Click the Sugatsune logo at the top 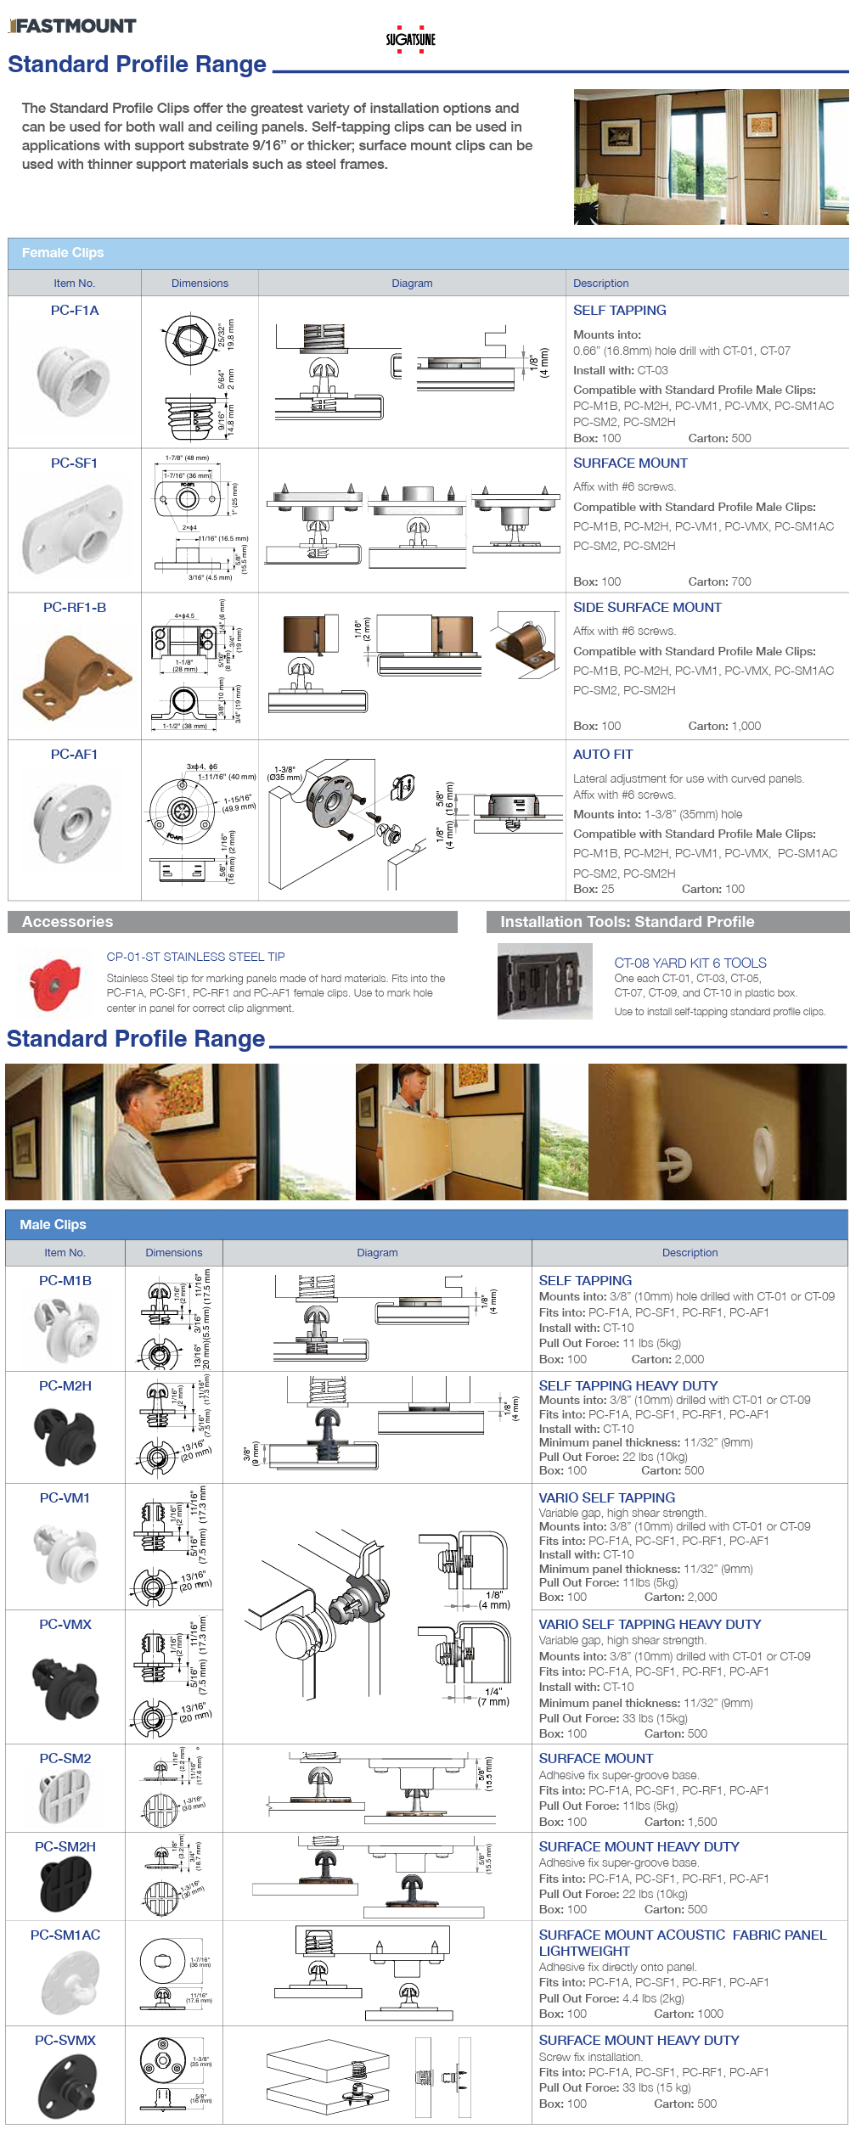(x=410, y=39)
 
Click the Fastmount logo (x=72, y=25)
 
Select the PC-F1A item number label (x=75, y=311)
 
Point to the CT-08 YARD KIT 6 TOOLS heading (x=690, y=963)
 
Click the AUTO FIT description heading (x=602, y=754)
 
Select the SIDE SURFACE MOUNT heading (x=647, y=607)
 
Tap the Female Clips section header (x=63, y=253)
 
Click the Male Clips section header (x=53, y=1224)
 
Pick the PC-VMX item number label (x=65, y=1624)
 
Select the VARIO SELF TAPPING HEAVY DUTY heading (x=650, y=1624)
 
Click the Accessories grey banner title (x=68, y=922)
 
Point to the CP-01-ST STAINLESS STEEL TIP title (x=195, y=957)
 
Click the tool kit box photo (x=544, y=981)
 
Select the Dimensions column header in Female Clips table (x=200, y=284)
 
